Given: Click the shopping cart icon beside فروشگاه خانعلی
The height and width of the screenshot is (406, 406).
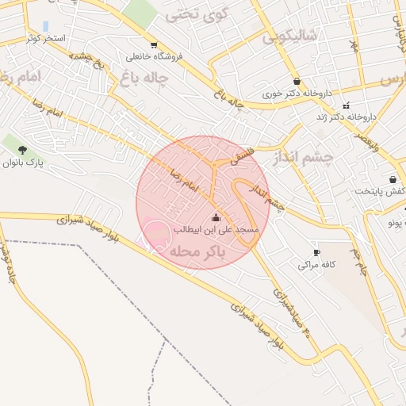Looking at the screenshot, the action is click(x=153, y=45).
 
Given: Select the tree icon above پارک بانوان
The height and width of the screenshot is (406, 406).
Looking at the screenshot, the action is click(x=22, y=149).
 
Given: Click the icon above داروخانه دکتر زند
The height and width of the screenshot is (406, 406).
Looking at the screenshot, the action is click(x=346, y=105).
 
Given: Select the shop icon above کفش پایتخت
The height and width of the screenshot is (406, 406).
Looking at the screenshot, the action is click(x=393, y=179).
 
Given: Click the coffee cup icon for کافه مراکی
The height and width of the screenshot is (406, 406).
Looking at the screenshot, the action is click(x=317, y=252).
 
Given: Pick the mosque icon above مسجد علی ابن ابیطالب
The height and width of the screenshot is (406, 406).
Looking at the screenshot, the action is click(x=216, y=218).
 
